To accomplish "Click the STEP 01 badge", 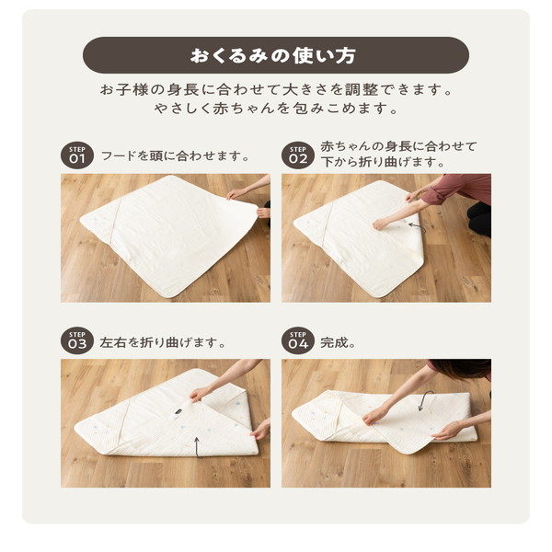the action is pyautogui.click(x=77, y=155).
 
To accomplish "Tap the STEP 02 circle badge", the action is pyautogui.click(x=298, y=155).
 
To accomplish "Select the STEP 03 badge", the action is pyautogui.click(x=77, y=340).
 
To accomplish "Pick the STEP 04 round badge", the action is pyautogui.click(x=298, y=340).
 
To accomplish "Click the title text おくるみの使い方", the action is pyautogui.click(x=273, y=55).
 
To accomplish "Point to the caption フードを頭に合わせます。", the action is pyautogui.click(x=176, y=156).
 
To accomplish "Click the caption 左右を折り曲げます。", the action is pyautogui.click(x=163, y=342).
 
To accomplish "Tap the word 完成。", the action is pyautogui.click(x=338, y=342).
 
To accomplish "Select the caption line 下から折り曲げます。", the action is pyautogui.click(x=383, y=162).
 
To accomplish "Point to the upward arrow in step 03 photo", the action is pyautogui.click(x=198, y=446).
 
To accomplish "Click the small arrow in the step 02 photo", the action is pyautogui.click(x=417, y=226).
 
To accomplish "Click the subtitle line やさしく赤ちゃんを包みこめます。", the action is pyautogui.click(x=276, y=108).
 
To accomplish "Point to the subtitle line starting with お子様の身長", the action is pyautogui.click(x=276, y=89).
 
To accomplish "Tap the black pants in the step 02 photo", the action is pyautogui.click(x=480, y=218).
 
